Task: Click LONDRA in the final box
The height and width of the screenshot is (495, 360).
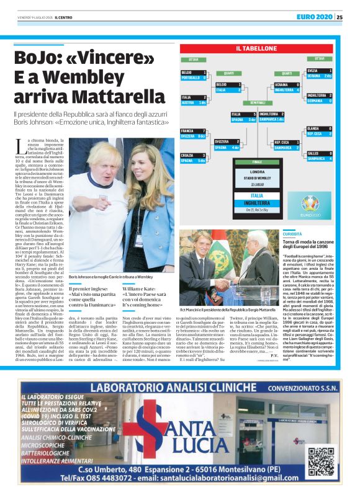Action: click(257, 171)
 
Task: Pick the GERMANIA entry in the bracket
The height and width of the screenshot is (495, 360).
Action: click(322, 100)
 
